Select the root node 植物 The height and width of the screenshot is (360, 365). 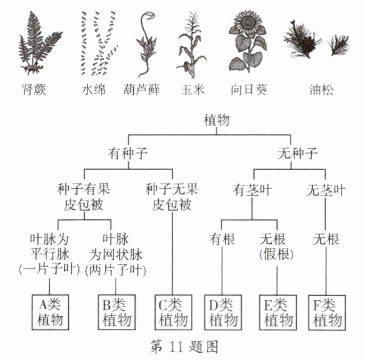point(217,121)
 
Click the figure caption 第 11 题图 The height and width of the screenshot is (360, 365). point(182,347)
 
